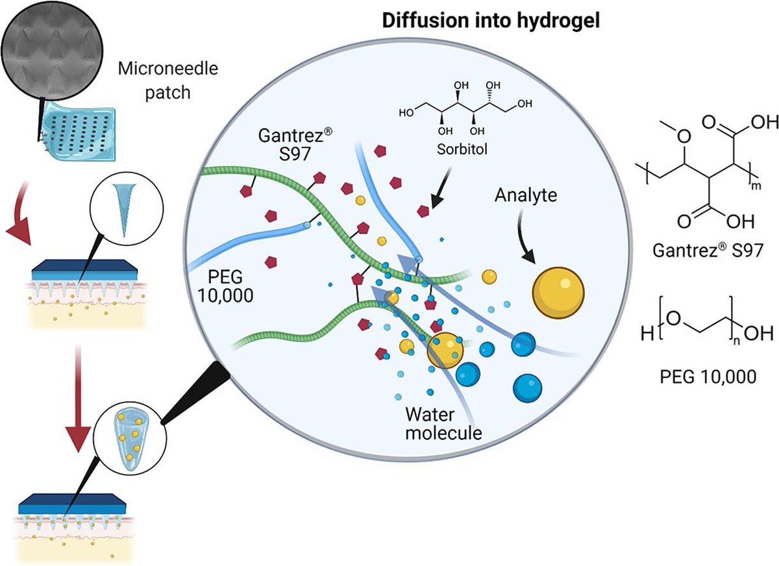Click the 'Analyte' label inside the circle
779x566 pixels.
pos(526,194)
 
